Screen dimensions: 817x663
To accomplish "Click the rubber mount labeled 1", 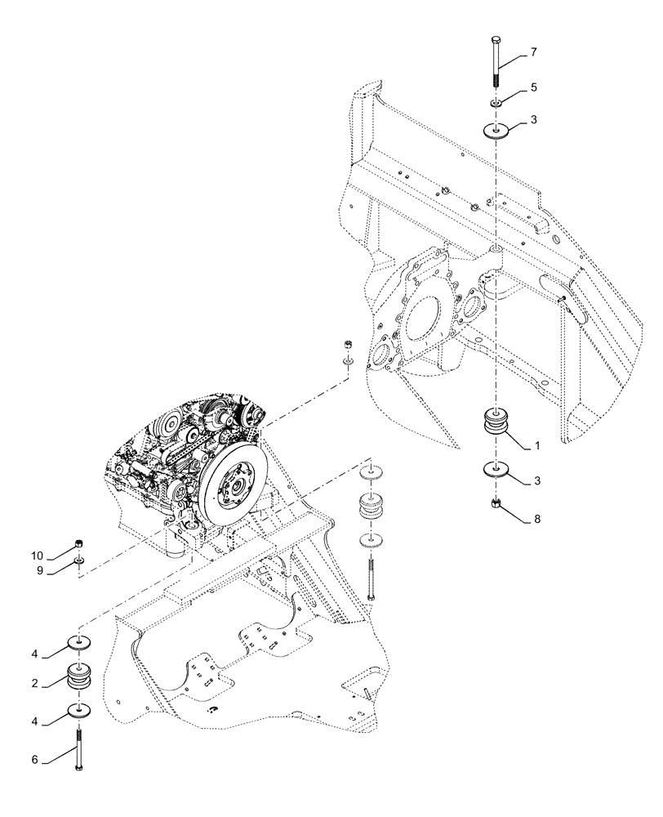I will pyautogui.click(x=496, y=425).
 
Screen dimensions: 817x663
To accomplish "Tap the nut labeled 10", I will pyautogui.click(x=79, y=545).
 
